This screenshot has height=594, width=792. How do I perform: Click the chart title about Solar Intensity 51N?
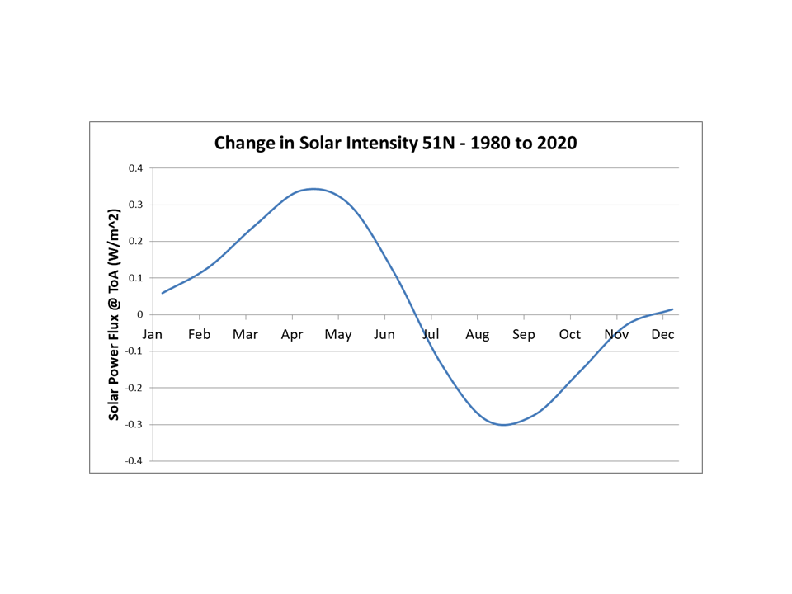(395, 143)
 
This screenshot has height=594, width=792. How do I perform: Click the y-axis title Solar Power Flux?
(115, 314)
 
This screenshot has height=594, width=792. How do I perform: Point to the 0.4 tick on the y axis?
(134, 168)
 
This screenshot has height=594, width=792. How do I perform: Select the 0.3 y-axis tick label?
(134, 205)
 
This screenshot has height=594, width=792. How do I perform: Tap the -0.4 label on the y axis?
(133, 461)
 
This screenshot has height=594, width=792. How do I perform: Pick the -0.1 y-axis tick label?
(133, 351)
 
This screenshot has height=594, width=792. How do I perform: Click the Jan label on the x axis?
(153, 334)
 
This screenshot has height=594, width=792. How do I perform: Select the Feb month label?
(199, 334)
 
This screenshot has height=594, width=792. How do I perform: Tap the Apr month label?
(292, 334)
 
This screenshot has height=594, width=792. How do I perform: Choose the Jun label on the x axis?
(384, 334)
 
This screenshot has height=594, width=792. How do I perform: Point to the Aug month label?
(477, 334)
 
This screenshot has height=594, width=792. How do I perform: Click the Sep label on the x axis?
(524, 334)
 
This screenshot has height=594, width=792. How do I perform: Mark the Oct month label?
(570, 334)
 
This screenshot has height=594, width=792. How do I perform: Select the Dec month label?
(662, 334)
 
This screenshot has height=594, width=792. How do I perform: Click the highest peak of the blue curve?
(313, 189)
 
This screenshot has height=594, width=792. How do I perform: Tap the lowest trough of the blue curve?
(502, 425)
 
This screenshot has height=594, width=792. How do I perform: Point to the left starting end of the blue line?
(163, 293)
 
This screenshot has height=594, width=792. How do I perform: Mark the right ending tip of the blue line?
(673, 309)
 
